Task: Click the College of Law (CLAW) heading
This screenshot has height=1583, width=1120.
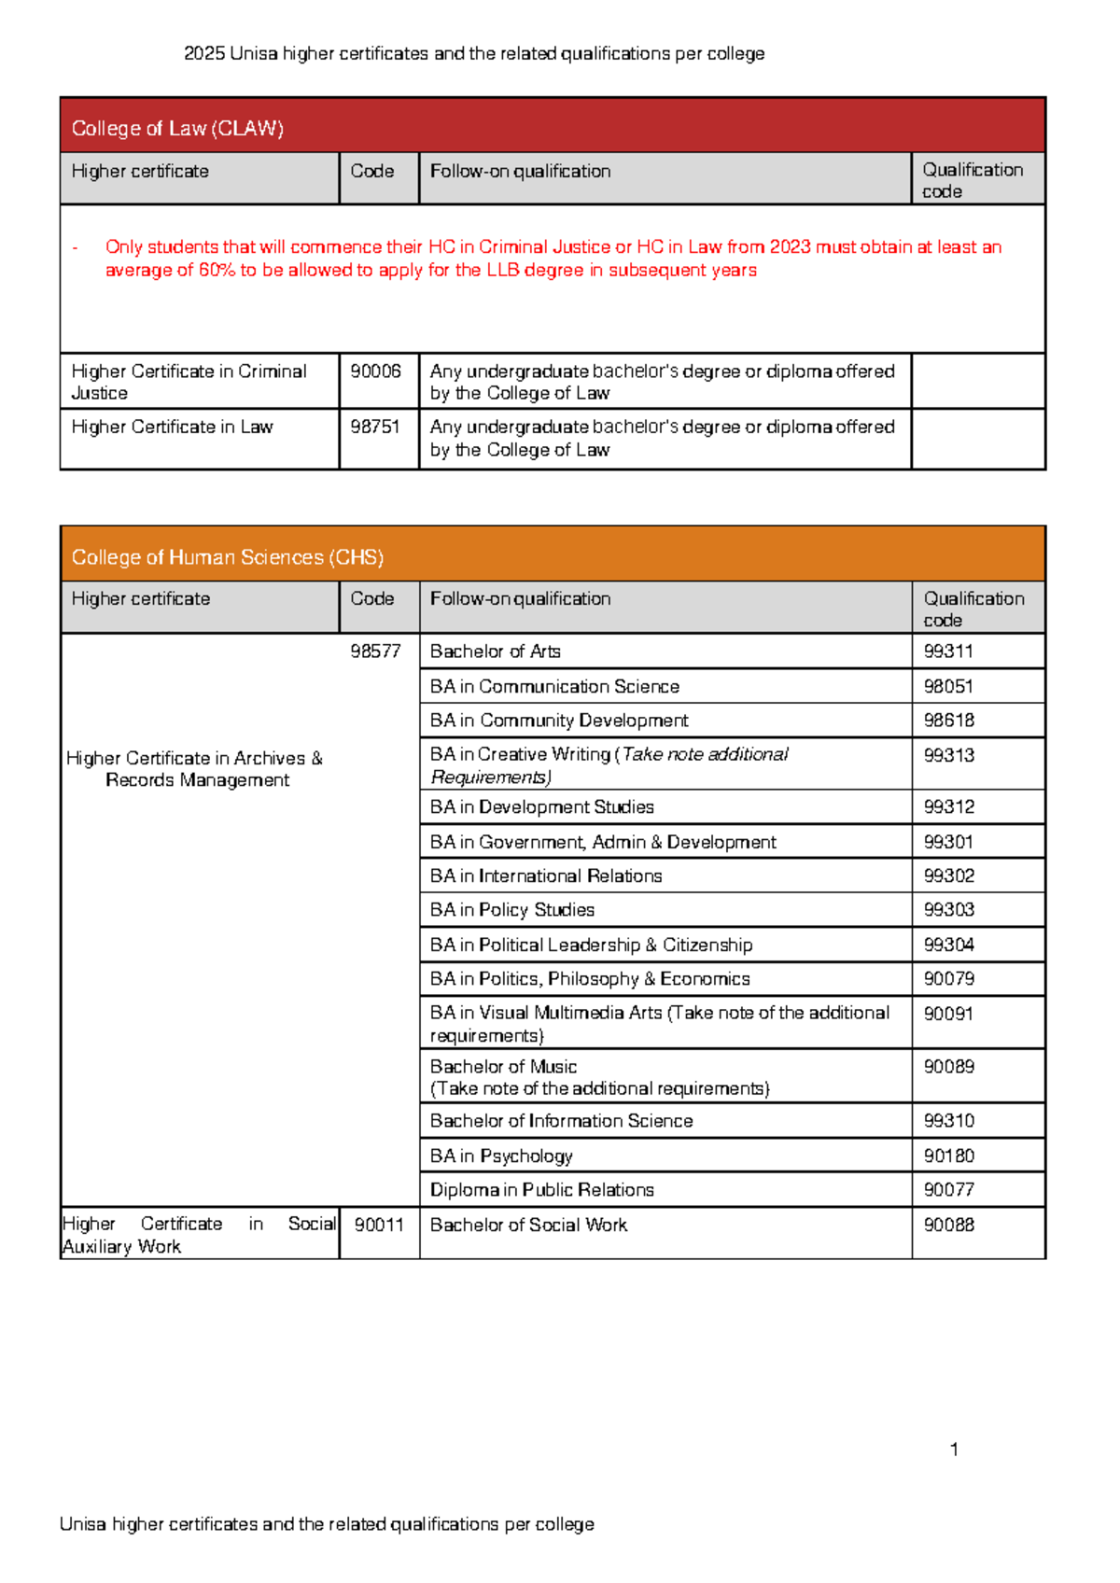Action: pyautogui.click(x=177, y=129)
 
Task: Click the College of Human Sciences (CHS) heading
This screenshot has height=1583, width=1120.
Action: pyautogui.click(x=228, y=557)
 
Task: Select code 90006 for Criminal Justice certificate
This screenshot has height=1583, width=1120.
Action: pyautogui.click(x=375, y=371)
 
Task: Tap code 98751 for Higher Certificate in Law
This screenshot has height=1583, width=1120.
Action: pyautogui.click(x=375, y=427)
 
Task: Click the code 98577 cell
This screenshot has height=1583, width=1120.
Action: pyautogui.click(x=375, y=651)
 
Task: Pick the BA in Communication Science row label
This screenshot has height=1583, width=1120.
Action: pyautogui.click(x=554, y=687)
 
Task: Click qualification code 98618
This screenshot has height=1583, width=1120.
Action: pyautogui.click(x=948, y=721)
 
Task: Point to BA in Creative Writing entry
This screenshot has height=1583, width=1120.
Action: pyautogui.click(x=609, y=764)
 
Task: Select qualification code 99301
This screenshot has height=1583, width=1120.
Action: pyautogui.click(x=948, y=842)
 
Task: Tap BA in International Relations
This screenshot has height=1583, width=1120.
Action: pyautogui.click(x=546, y=876)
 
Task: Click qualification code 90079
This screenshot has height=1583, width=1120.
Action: pyautogui.click(x=948, y=979)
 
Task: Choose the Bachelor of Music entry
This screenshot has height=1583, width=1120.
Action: pyautogui.click(x=504, y=1067)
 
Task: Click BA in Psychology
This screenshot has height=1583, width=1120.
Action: pyautogui.click(x=501, y=1156)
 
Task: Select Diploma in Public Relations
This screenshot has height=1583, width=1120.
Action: pyautogui.click(x=541, y=1190)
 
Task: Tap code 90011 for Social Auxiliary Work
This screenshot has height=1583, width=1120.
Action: pyautogui.click(x=379, y=1225)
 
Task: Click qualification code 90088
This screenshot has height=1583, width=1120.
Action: pyautogui.click(x=948, y=1225)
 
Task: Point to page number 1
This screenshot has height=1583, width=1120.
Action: pyautogui.click(x=954, y=1450)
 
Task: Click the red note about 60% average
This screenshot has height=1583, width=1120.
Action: pyautogui.click(x=553, y=259)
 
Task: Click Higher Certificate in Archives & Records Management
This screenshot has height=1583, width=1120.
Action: pyautogui.click(x=195, y=769)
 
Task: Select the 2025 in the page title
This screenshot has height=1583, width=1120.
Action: pyautogui.click(x=204, y=54)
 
